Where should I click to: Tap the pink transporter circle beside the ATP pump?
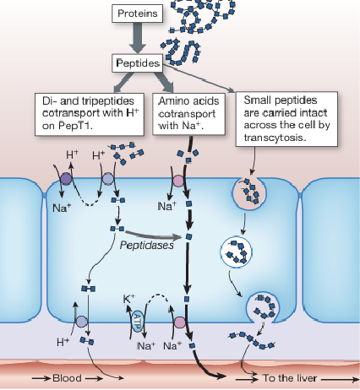179,322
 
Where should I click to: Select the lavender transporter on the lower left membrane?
82,322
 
